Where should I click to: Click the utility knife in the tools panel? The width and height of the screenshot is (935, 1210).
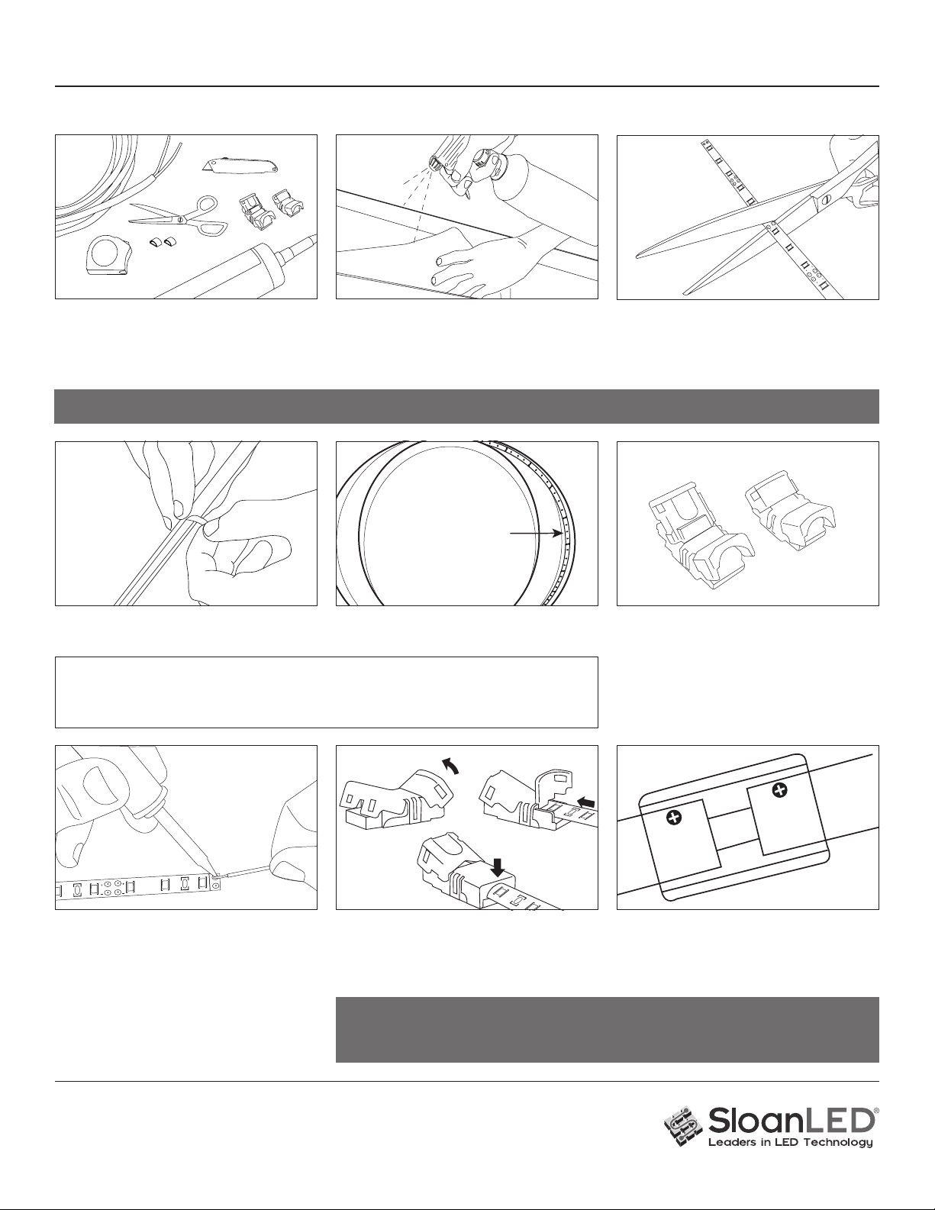click(240, 165)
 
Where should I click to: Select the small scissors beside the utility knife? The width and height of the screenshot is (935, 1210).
click(178, 215)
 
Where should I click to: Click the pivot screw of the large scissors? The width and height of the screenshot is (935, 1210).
click(825, 198)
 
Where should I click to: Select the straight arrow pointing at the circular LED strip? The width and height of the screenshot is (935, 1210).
click(535, 534)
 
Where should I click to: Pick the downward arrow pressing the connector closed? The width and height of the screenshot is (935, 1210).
click(498, 866)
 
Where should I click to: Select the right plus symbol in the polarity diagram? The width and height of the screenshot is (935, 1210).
click(782, 789)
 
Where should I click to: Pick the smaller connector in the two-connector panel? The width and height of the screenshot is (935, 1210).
click(791, 512)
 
